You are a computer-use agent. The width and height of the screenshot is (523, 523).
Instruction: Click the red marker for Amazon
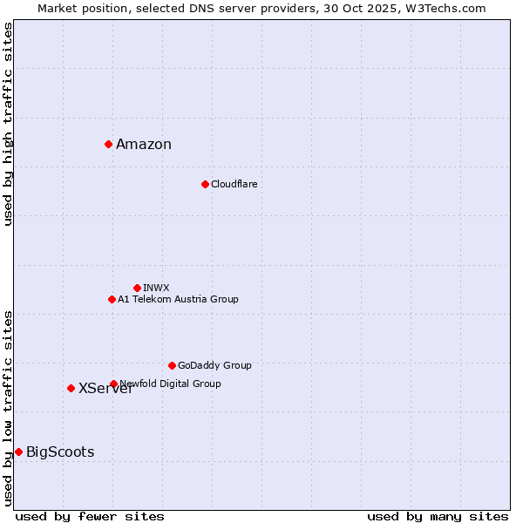coord(108,144)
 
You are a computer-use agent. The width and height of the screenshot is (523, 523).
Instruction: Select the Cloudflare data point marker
coord(205,184)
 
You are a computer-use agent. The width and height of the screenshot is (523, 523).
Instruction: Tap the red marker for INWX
coord(137,288)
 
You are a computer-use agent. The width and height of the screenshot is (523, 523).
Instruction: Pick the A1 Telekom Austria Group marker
coord(112,299)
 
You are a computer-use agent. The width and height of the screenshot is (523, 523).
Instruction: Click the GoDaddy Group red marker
coord(172,365)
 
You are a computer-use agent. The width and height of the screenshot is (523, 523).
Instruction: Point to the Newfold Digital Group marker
coord(113,384)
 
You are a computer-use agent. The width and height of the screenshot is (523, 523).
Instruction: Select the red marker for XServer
coord(71,388)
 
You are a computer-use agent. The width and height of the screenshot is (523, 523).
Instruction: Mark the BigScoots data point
coord(18,452)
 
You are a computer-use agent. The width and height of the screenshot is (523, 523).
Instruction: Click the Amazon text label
coord(144,145)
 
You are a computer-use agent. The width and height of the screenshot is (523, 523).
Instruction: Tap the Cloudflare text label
coord(234,185)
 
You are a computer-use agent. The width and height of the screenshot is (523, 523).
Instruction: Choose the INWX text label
coord(156,289)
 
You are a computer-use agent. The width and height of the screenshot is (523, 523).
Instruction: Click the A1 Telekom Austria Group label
coord(178,300)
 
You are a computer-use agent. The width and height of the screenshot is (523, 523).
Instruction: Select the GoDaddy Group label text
coord(214,366)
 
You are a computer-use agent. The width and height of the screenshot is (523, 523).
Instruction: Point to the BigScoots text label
coord(60,452)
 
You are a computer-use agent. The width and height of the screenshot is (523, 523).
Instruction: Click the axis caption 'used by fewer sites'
coord(90,517)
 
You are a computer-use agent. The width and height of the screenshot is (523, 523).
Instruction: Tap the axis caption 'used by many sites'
coord(438,517)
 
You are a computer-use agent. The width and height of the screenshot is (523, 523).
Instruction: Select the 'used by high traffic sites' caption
coord(8,124)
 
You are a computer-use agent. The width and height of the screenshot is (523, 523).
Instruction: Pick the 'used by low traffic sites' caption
coord(8,407)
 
